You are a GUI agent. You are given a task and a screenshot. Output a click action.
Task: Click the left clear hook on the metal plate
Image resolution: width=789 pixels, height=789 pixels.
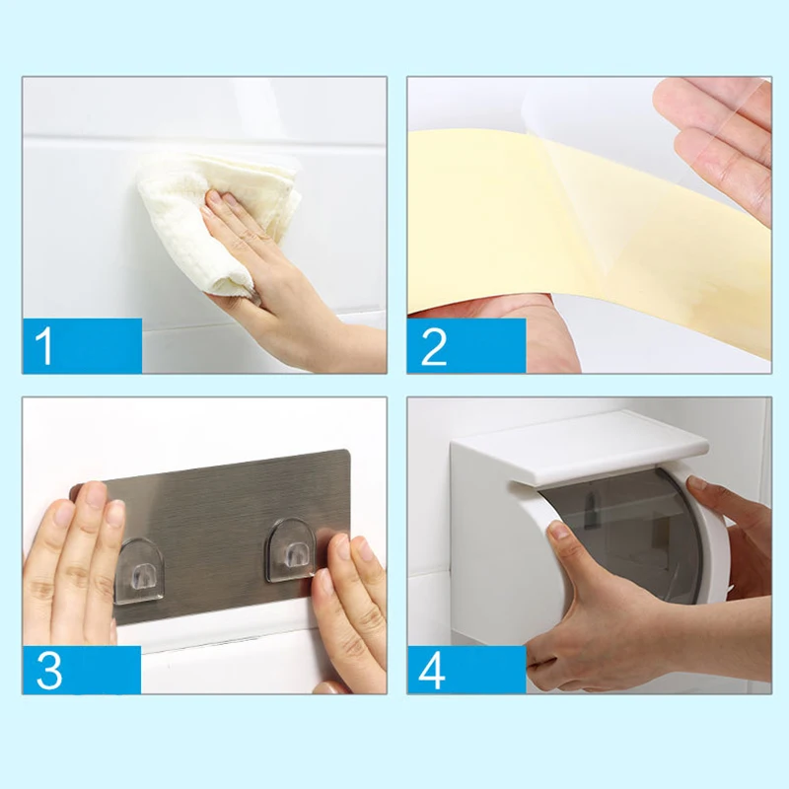[138, 570]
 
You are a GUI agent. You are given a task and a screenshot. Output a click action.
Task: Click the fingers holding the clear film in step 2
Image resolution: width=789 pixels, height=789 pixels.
[725, 146]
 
